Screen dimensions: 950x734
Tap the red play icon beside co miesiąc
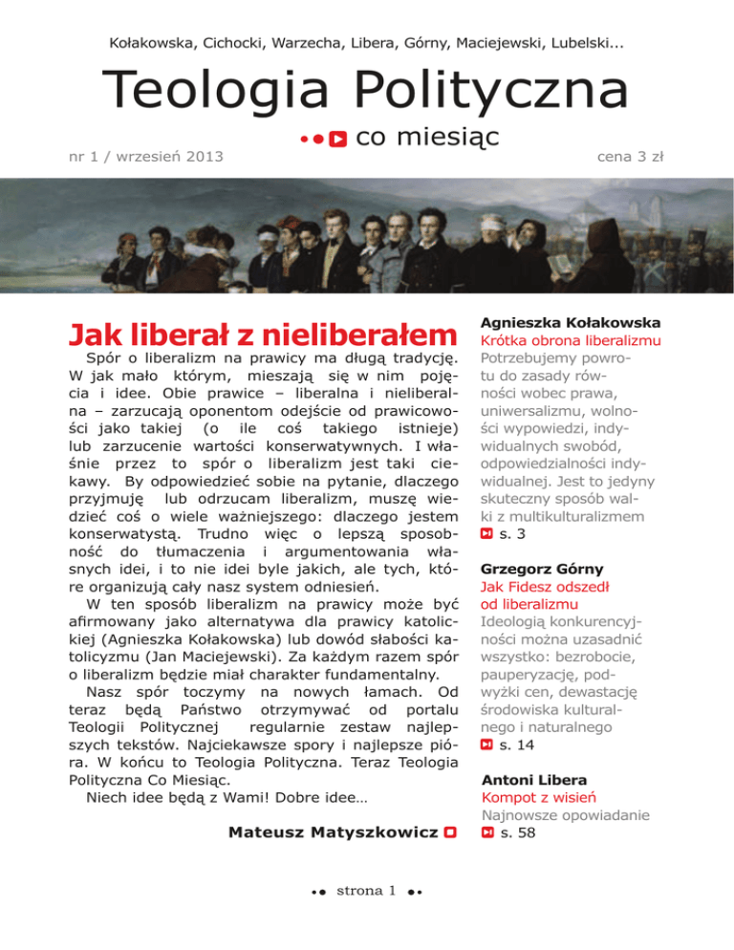point(337,140)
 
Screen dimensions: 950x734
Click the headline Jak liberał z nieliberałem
point(259,335)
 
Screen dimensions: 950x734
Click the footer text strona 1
point(367,891)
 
